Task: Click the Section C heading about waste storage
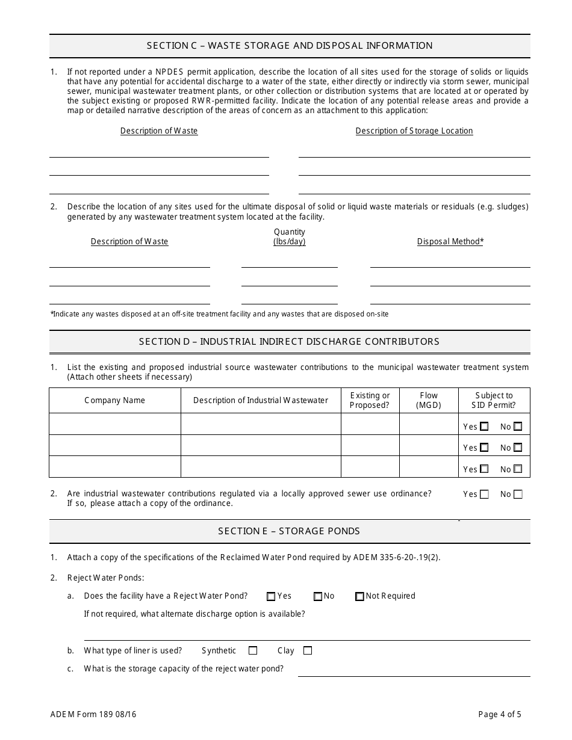[290, 46]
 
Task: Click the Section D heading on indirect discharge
[289, 341]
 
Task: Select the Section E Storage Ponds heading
[289, 531]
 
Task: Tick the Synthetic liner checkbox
[253, 650]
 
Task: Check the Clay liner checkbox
[308, 650]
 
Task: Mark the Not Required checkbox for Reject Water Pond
[359, 596]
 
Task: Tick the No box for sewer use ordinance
[518, 495]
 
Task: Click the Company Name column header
[114, 400]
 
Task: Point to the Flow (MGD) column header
[429, 400]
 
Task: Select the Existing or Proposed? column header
[370, 400]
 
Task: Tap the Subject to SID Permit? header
[494, 400]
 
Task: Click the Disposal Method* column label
[450, 241]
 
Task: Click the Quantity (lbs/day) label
[290, 236]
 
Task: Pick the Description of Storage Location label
[414, 131]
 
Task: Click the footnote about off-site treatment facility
[220, 314]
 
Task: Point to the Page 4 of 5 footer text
[500, 715]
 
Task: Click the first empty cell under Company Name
[114, 424]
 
